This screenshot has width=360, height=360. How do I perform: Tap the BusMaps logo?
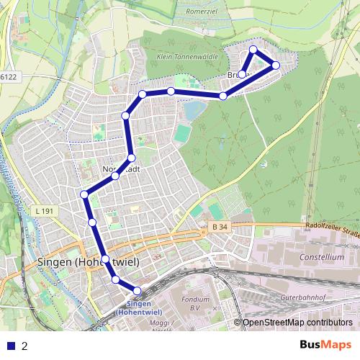pyautogui.click(x=325, y=345)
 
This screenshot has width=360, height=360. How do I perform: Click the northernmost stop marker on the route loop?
pyautogui.click(x=253, y=50)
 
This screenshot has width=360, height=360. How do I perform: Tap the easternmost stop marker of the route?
pyautogui.click(x=276, y=66)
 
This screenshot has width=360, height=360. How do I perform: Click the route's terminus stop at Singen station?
pyautogui.click(x=138, y=291)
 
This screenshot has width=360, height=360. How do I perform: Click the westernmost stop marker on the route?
pyautogui.click(x=84, y=194)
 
